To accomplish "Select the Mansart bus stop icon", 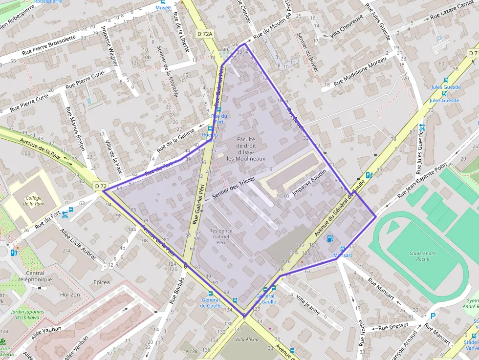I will [343, 249].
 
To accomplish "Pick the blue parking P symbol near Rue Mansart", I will [433, 316].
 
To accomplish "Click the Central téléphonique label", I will [39, 276].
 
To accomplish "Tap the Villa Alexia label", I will [246, 339].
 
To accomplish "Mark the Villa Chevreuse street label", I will [347, 27].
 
